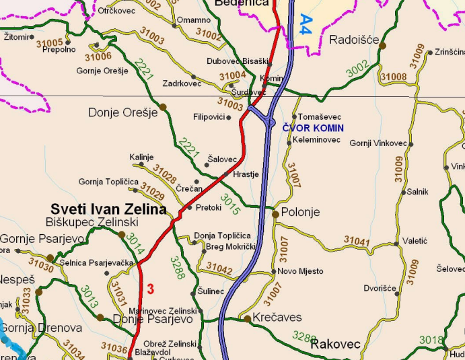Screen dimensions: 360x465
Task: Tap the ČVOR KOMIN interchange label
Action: pyautogui.click(x=313, y=128)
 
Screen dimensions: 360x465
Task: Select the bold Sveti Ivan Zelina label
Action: pyautogui.click(x=109, y=209)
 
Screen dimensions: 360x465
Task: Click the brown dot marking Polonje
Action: pyautogui.click(x=275, y=214)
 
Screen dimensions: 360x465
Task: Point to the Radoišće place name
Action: pyautogui.click(x=354, y=40)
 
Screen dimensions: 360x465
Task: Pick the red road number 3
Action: pyautogui.click(x=151, y=289)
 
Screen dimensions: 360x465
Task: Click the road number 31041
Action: pyautogui.click(x=357, y=240)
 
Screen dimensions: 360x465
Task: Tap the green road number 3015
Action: pyautogui.click(x=231, y=205)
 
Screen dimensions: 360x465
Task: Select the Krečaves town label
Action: pyautogui.click(x=277, y=318)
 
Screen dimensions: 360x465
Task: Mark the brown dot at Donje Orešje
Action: pyautogui.click(x=163, y=107)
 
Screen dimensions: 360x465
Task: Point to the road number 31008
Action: pyautogui.click(x=394, y=77)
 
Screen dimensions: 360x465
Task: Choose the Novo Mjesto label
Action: pyautogui.click(x=301, y=271)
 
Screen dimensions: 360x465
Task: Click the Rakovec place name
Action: pyautogui.click(x=336, y=345)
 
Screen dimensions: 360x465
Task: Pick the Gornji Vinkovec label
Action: pyautogui.click(x=378, y=143)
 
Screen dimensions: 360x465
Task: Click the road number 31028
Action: pyautogui.click(x=164, y=173)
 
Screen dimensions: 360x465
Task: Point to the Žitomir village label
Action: pyautogui.click(x=17, y=36)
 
